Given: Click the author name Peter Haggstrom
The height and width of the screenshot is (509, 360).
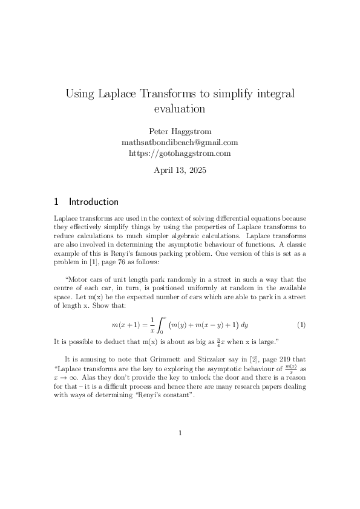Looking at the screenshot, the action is pos(180,132).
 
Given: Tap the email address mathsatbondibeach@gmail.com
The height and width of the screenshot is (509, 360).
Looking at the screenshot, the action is pos(180,143).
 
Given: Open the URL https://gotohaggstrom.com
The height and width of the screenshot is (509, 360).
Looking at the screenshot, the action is pos(180,154).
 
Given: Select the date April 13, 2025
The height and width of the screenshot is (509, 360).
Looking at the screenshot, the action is pos(180,170).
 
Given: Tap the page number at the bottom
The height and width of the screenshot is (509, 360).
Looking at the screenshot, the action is pos(180,433).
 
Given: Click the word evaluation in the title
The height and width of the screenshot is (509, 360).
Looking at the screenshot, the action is pos(180,109).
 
